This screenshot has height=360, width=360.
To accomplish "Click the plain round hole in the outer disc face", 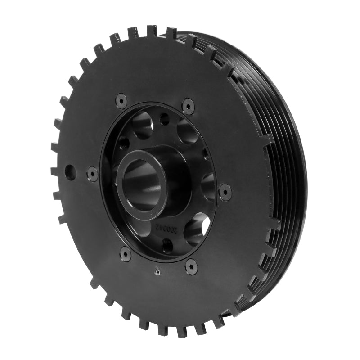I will pos(70,171).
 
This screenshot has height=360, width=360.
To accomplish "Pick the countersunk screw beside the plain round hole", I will pos(93,174).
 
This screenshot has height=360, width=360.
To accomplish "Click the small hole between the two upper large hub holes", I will pos(164,119).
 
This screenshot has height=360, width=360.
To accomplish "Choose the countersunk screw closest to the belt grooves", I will pos(225,192).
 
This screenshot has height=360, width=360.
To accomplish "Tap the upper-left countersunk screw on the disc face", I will pos(121,101).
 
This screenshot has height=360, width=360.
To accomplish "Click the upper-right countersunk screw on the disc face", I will pos(189,106).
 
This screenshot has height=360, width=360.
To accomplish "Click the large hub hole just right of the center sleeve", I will pos(208,184).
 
